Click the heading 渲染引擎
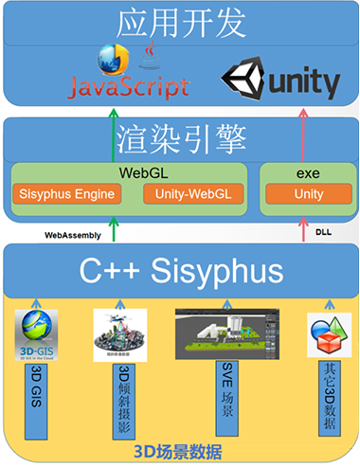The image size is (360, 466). click(x=179, y=140)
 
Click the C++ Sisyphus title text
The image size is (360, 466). click(x=179, y=272)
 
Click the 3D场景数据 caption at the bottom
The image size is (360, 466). click(x=179, y=450)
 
